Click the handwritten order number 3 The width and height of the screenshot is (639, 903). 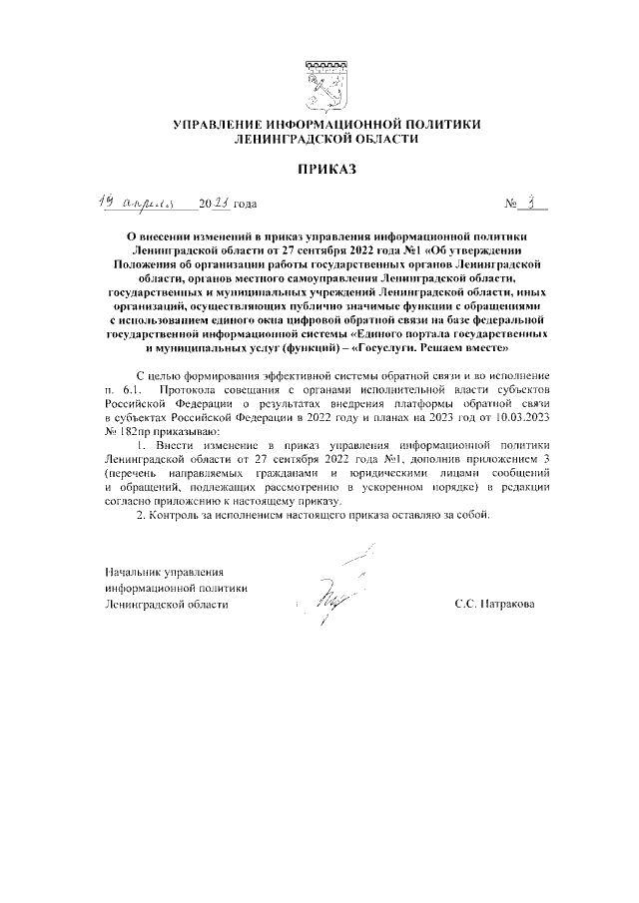point(535,203)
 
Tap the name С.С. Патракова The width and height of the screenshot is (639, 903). point(493,604)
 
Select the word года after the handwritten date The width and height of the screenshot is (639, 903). point(245,205)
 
